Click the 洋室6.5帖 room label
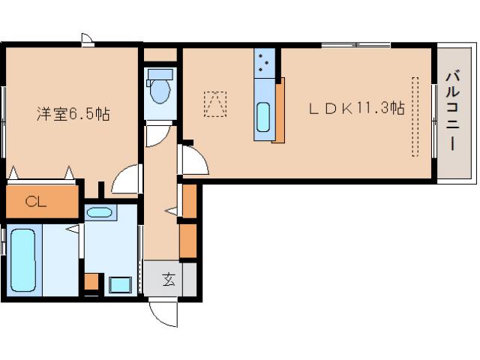(x=73, y=114)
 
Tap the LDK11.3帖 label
(x=357, y=108)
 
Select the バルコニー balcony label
(x=453, y=111)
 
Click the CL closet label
(x=36, y=202)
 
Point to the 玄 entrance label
(x=169, y=279)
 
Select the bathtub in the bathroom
(x=23, y=261)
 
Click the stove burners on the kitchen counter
(x=264, y=63)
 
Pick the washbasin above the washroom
(x=99, y=212)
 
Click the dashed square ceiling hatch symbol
(x=215, y=103)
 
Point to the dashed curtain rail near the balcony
(x=415, y=117)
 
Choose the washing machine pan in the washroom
(x=120, y=284)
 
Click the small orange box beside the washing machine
(x=91, y=281)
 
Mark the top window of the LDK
(x=356, y=45)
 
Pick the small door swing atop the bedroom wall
(x=88, y=40)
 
